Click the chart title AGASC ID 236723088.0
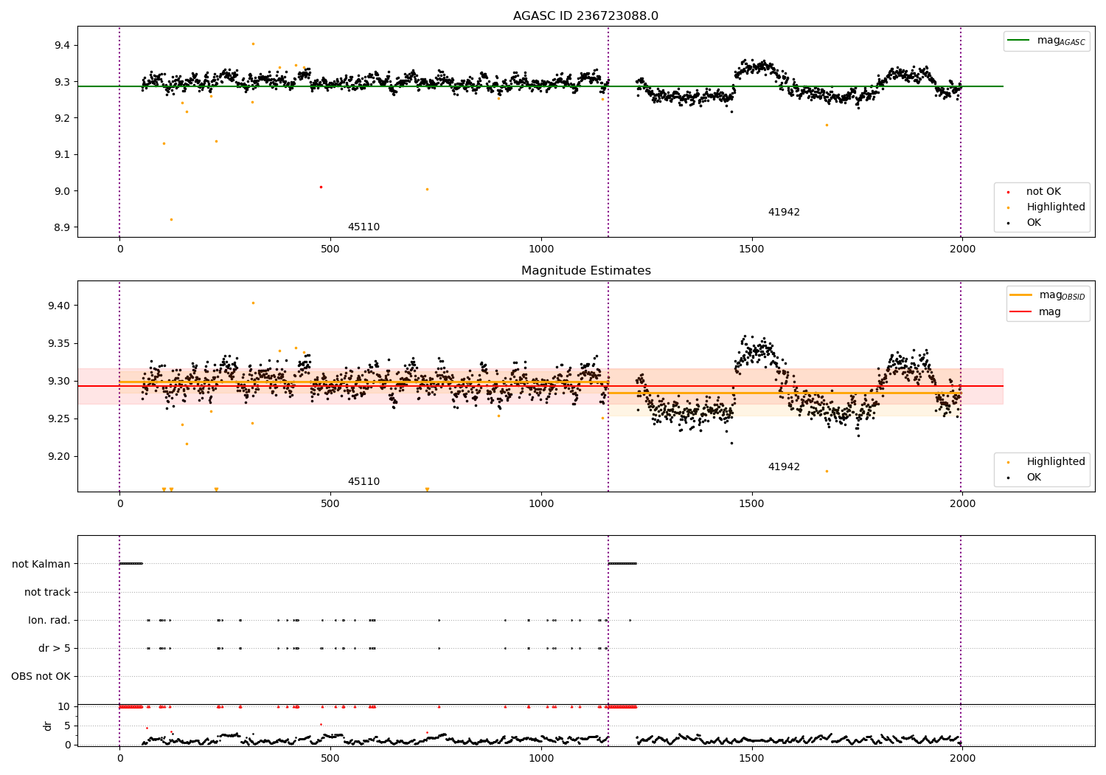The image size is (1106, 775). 585,16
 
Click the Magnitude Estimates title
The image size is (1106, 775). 585,271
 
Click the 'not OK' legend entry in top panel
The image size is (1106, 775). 1043,192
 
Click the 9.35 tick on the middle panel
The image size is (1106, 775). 58,343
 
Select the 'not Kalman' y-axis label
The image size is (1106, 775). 41,564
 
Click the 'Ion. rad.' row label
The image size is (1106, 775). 49,620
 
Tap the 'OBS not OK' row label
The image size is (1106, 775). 41,676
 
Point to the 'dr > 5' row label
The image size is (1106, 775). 55,648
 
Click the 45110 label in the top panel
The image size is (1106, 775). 364,227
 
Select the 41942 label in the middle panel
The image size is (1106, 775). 784,467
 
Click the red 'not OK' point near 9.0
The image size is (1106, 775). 321,187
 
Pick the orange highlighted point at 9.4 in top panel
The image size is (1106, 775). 253,44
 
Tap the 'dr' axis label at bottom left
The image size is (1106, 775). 48,726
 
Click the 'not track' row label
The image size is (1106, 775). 47,592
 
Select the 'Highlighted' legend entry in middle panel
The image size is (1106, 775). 1055,462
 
